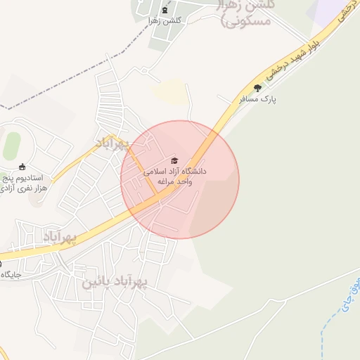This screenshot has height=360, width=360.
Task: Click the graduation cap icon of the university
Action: pos(175,161)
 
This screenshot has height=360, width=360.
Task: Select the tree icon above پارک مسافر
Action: pos(257,88)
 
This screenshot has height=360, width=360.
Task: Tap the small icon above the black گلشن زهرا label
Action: pos(165,10)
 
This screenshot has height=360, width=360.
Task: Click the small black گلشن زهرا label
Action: pos(165,20)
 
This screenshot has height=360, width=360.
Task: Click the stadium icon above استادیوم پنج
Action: pos(22,167)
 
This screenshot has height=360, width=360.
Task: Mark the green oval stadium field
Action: pos(11,146)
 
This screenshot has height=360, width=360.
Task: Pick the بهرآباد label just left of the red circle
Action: pos(113,143)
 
